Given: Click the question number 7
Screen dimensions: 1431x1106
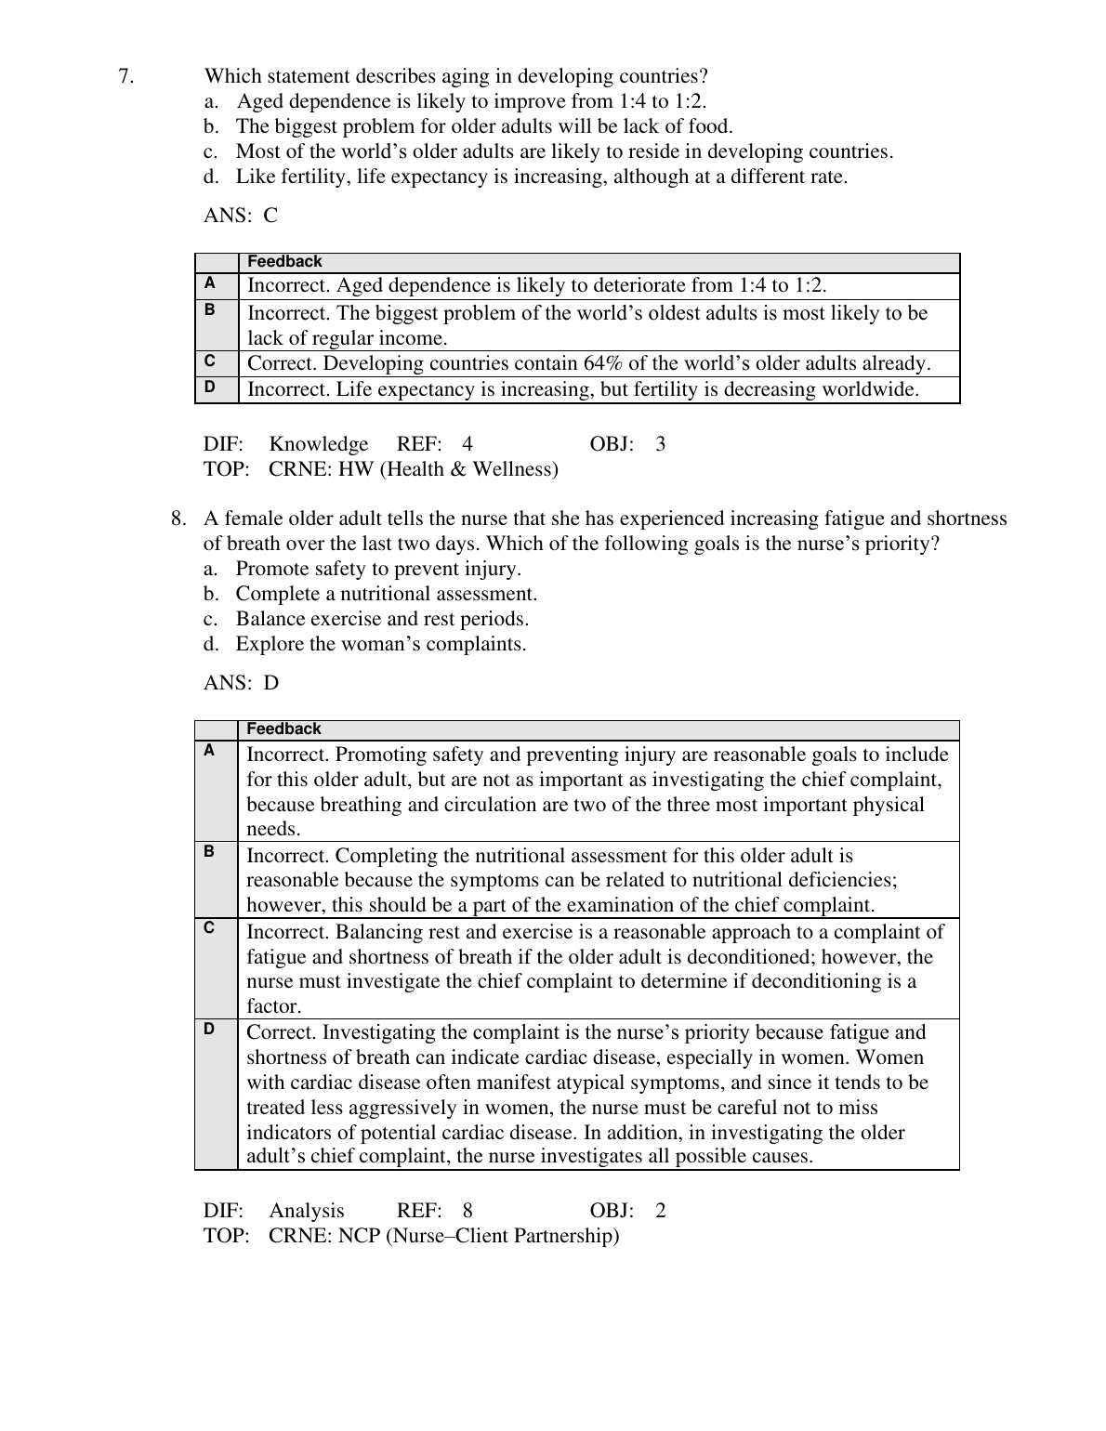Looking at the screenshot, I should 126,76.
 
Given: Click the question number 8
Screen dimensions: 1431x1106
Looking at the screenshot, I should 178,519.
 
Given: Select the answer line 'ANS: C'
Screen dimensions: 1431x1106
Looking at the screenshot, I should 241,216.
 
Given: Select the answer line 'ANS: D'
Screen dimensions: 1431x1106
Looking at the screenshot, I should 241,683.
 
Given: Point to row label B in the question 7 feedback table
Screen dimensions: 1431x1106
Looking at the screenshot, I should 210,309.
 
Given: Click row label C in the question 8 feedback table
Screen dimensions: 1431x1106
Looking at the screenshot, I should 209,928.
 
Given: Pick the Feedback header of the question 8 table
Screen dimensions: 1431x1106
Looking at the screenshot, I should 283,729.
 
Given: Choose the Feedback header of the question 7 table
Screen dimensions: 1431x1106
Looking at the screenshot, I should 284,262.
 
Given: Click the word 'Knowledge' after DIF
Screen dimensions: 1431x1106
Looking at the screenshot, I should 319,444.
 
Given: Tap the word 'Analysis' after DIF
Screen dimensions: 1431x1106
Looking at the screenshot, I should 307,1211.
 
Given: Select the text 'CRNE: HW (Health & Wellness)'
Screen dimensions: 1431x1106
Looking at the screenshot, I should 414,469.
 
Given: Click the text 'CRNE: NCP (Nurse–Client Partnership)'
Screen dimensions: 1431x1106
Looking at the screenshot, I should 443,1236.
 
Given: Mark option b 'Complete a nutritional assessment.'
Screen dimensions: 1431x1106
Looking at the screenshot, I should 386,594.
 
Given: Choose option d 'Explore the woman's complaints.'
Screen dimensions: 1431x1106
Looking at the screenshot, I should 380,644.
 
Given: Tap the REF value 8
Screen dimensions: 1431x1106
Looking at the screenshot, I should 467,1211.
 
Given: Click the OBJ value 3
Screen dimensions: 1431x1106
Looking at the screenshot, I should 661,444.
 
